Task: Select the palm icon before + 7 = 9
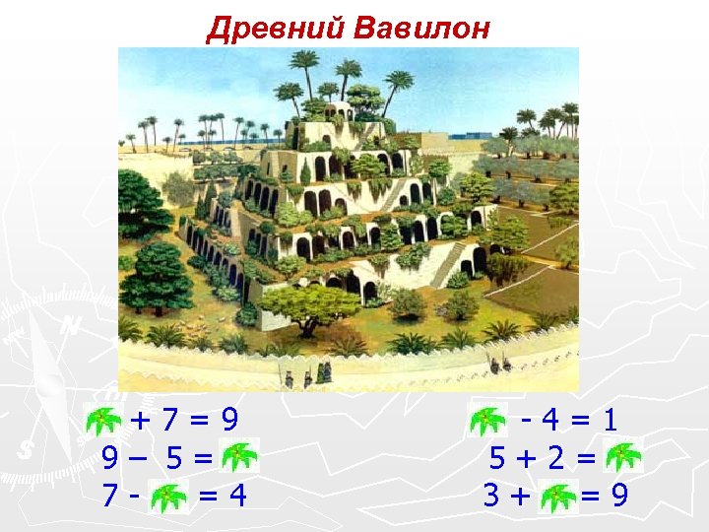[x=104, y=422]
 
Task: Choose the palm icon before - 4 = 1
[x=485, y=422]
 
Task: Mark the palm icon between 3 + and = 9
[x=558, y=493]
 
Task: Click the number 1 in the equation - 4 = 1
[x=612, y=422]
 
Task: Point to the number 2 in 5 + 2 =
[x=558, y=458]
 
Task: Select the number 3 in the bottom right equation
[x=492, y=494]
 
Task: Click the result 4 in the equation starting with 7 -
[x=237, y=494]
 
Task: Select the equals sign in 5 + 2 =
[x=588, y=458]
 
